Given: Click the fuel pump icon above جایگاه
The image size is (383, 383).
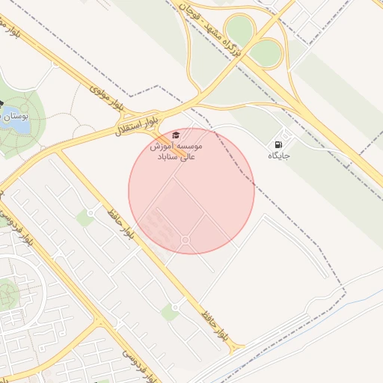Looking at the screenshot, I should tap(279, 144).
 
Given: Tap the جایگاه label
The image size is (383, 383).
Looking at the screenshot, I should tap(279, 156).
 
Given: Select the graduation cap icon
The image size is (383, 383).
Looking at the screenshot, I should tap(175, 135).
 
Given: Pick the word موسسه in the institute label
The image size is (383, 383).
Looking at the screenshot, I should tap(188, 146).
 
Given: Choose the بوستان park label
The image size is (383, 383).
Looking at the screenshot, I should tap(15, 117).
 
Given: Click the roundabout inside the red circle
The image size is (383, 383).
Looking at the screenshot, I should tap(185, 239).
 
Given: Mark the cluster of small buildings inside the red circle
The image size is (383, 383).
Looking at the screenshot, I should tap(156, 221).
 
